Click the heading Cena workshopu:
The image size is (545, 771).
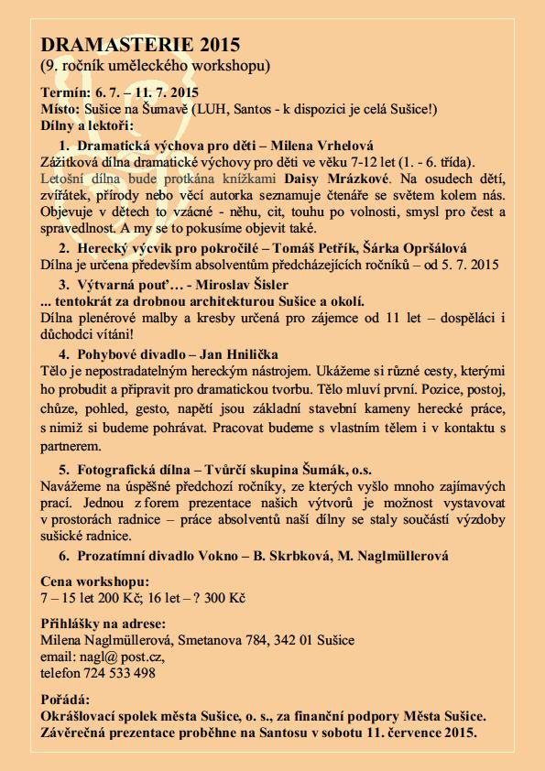click(94, 581)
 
